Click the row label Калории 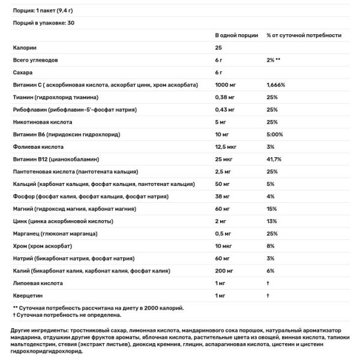click(x=25, y=47)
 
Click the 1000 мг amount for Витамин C click(x=227, y=85)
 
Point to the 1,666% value click(x=276, y=85)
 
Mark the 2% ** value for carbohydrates click(x=274, y=60)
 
